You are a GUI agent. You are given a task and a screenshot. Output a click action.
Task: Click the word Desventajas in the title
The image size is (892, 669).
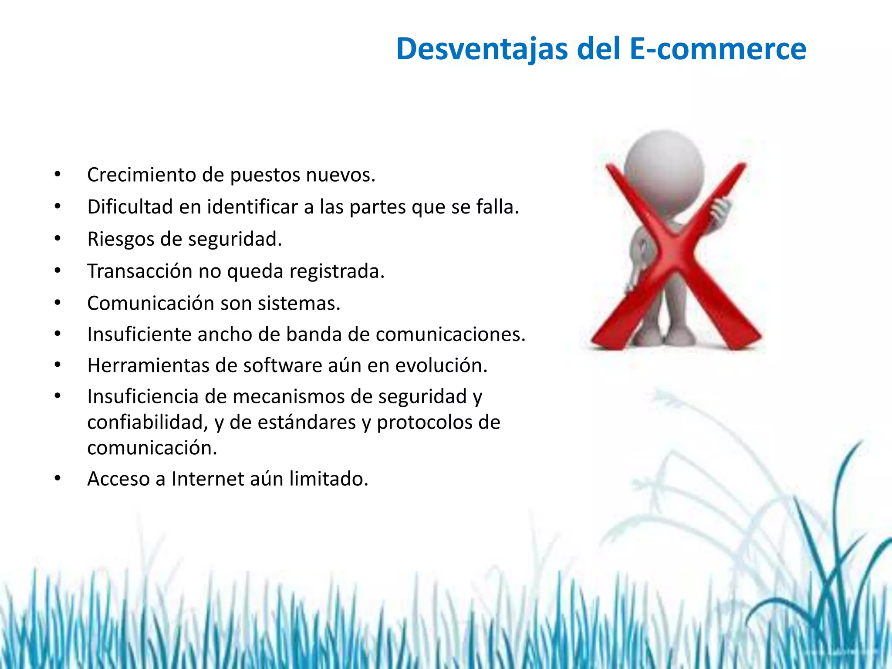(x=482, y=49)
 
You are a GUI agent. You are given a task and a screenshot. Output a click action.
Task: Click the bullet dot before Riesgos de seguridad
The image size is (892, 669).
(x=57, y=239)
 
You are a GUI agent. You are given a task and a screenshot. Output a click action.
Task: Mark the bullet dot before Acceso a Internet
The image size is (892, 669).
(x=57, y=479)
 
